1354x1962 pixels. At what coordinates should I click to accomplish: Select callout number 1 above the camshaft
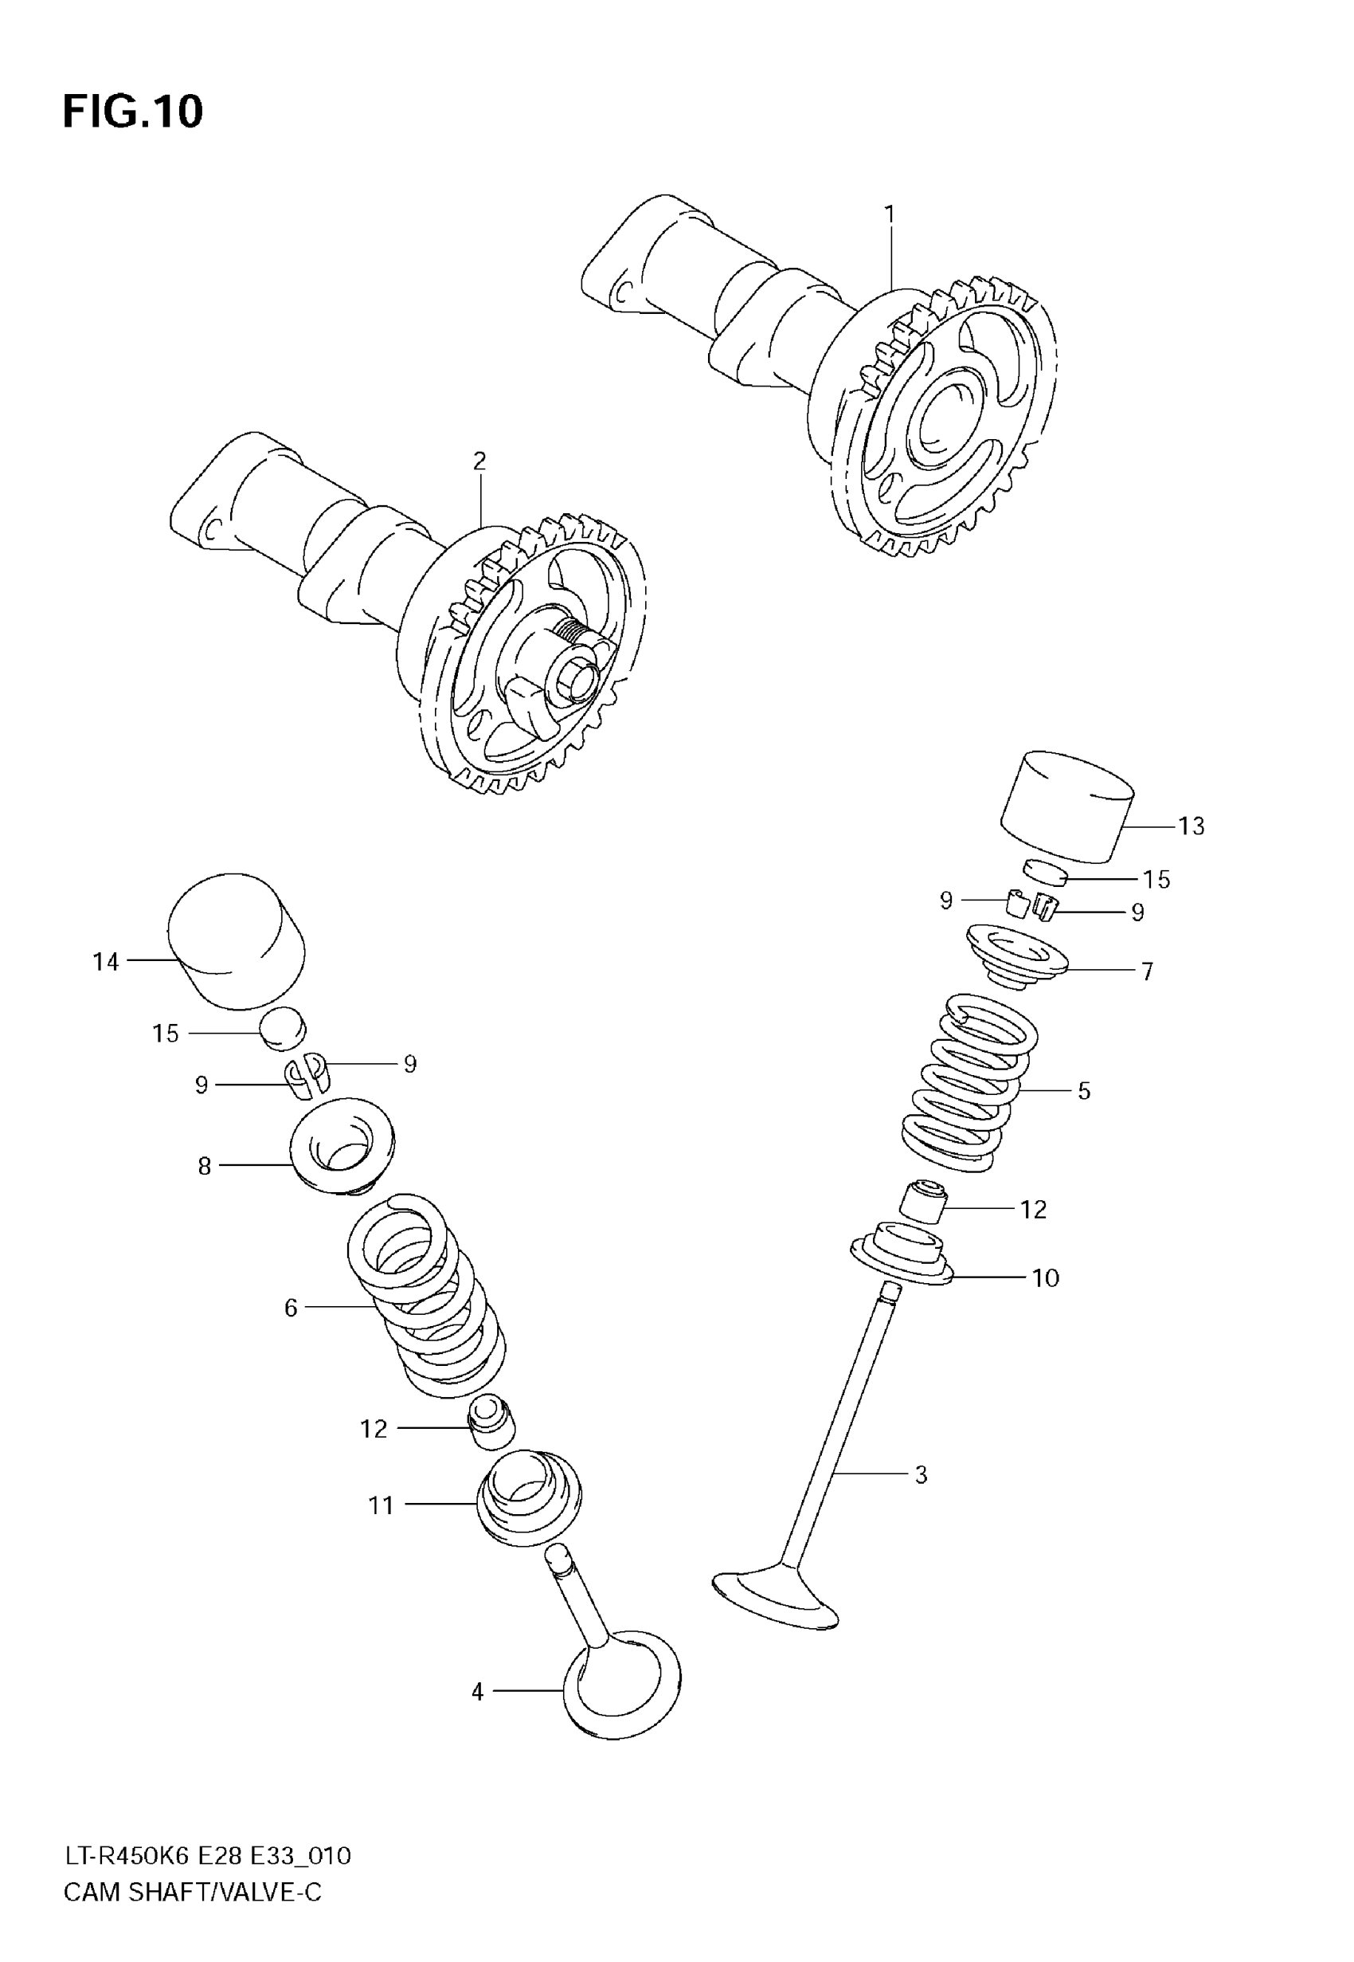(x=889, y=214)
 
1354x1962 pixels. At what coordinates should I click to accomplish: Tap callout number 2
(x=479, y=461)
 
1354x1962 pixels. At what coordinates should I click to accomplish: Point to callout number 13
(x=1190, y=826)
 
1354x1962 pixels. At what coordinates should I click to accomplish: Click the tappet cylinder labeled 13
(x=1067, y=805)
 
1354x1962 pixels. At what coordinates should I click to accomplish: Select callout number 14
(x=106, y=962)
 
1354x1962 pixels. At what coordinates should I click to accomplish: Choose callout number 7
(x=1147, y=971)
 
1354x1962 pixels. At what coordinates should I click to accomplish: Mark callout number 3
(x=922, y=1475)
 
